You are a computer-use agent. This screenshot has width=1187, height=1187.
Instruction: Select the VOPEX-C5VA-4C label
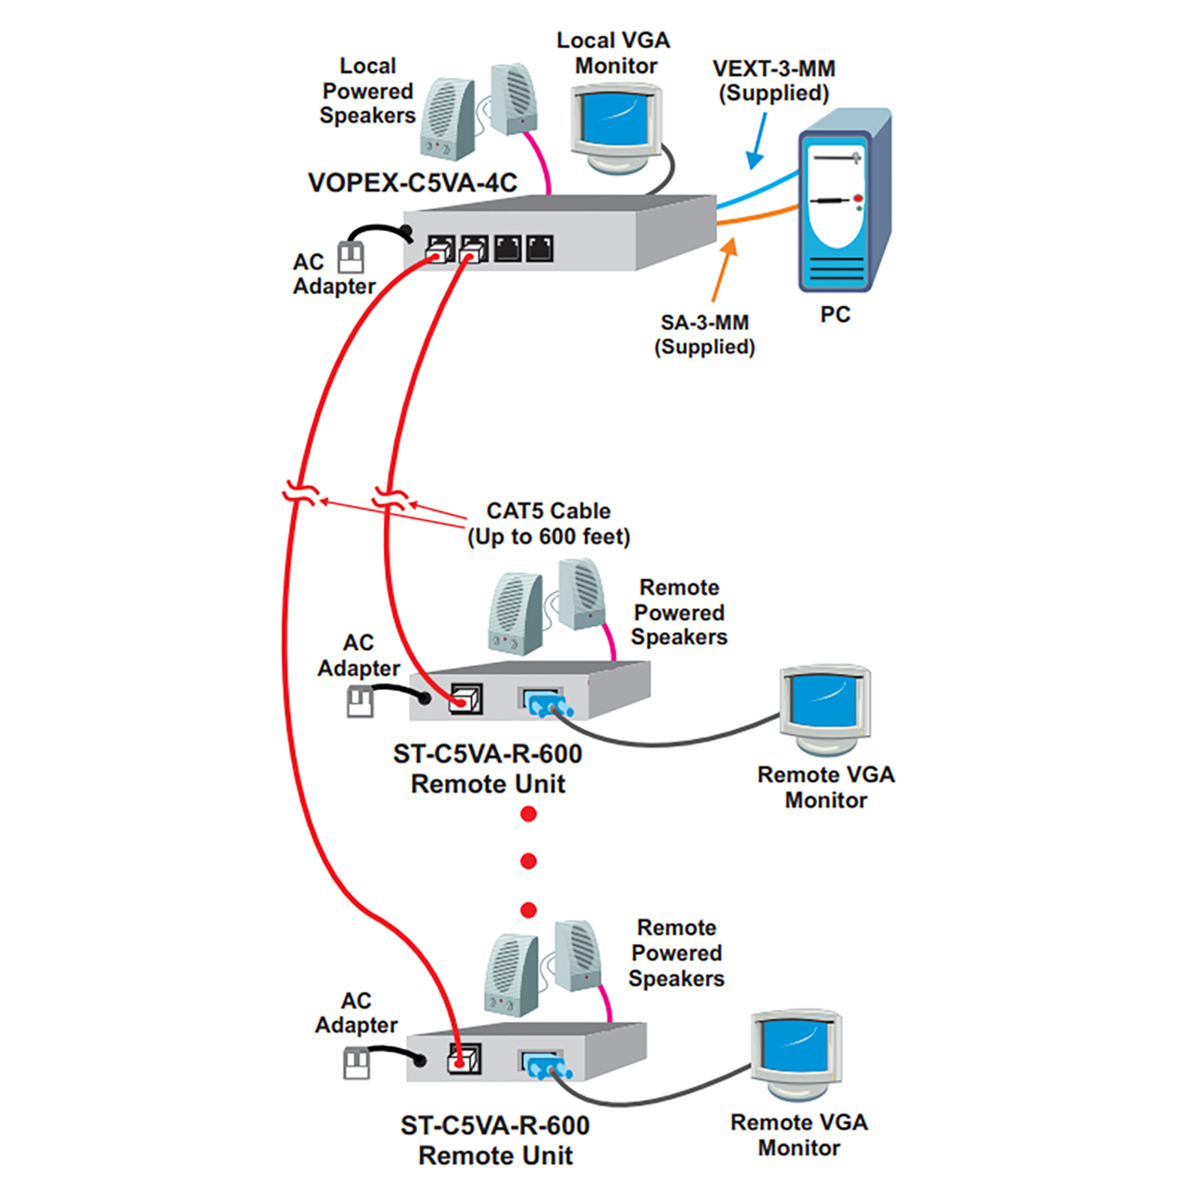click(412, 183)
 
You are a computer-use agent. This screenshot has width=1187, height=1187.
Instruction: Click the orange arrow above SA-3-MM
click(724, 268)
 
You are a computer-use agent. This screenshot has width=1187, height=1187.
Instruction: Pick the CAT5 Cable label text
click(548, 511)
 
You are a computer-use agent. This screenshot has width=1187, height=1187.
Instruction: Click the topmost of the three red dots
click(529, 814)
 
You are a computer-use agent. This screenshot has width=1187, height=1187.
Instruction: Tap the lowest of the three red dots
click(529, 910)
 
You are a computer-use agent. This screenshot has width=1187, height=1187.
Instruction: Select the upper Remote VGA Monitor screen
click(824, 701)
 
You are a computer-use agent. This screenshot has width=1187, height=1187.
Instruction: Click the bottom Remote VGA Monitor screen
click(796, 1048)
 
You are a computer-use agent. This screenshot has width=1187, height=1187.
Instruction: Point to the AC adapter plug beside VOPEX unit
click(351, 256)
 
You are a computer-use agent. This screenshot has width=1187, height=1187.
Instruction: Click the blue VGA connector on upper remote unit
click(540, 704)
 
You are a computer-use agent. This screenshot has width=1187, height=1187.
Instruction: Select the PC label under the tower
click(835, 315)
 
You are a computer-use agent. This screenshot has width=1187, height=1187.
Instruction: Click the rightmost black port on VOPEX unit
click(540, 248)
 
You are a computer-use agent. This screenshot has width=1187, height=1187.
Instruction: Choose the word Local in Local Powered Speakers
click(367, 67)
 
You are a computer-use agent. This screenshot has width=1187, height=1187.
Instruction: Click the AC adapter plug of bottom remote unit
click(357, 1062)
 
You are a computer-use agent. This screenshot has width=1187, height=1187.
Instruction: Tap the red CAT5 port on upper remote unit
click(465, 699)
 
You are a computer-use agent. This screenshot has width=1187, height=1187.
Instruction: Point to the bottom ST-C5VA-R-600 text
click(494, 1126)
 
